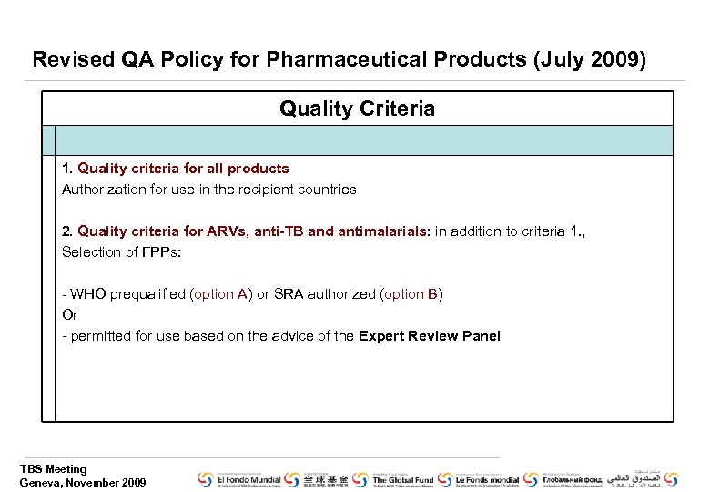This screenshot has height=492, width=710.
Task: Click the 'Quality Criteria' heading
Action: click(357, 109)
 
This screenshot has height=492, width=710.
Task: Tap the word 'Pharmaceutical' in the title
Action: click(356, 60)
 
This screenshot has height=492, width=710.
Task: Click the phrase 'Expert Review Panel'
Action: click(429, 336)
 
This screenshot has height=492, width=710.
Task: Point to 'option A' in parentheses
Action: click(220, 294)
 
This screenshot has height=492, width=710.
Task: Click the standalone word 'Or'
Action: click(69, 315)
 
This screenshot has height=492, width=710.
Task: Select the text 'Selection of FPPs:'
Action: click(121, 252)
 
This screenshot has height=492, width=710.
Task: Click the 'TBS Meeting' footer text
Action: click(54, 469)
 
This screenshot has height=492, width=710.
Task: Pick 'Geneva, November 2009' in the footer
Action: click(83, 483)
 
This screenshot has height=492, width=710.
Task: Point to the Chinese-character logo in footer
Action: click(326, 479)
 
